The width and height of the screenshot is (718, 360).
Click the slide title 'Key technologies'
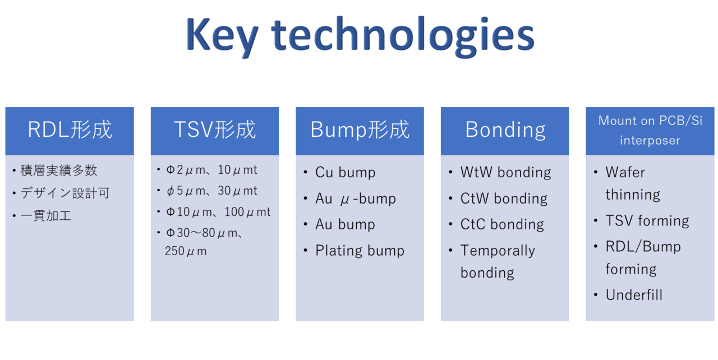click(x=360, y=36)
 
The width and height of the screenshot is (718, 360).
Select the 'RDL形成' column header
click(x=70, y=131)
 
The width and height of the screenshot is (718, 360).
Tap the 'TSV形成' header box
click(x=215, y=131)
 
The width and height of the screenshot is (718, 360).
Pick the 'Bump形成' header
click(x=360, y=131)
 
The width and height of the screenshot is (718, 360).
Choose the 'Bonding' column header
click(x=505, y=131)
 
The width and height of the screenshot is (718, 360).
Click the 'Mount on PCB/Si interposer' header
click(x=650, y=131)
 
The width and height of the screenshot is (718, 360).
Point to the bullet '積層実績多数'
click(x=59, y=170)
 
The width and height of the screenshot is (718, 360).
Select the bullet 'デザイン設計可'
click(x=65, y=193)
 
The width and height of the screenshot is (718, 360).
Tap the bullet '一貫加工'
click(x=46, y=216)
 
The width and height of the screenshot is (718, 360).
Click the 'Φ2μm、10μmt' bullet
click(x=211, y=170)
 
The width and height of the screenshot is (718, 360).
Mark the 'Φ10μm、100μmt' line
click(x=218, y=212)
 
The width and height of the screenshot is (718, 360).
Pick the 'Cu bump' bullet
click(x=345, y=173)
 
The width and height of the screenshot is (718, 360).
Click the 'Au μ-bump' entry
click(x=356, y=199)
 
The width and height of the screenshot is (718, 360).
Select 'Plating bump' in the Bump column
click(x=360, y=251)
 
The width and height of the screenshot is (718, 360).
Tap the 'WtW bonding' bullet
click(x=505, y=173)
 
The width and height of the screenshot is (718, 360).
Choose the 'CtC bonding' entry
click(x=502, y=224)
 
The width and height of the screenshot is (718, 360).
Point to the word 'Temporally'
click(x=498, y=251)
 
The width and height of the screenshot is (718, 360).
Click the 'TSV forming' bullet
click(x=647, y=221)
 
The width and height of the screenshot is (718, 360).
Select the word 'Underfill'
click(x=634, y=295)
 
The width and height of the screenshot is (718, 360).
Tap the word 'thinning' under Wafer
click(x=633, y=195)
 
